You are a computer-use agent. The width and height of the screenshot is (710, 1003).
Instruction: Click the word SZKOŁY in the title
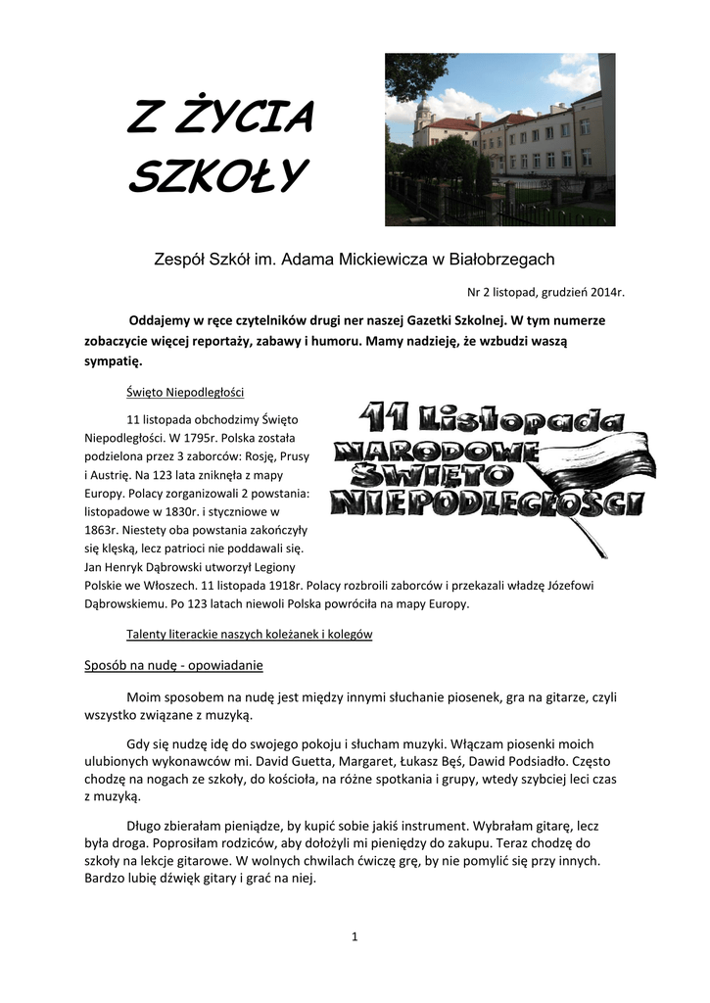tap(217, 176)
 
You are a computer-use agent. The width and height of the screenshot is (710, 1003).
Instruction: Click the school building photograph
tap(499, 139)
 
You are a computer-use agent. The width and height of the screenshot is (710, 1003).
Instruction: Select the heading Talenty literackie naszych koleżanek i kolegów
tap(250, 634)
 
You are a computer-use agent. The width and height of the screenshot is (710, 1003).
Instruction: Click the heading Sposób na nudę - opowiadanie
tap(172, 665)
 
